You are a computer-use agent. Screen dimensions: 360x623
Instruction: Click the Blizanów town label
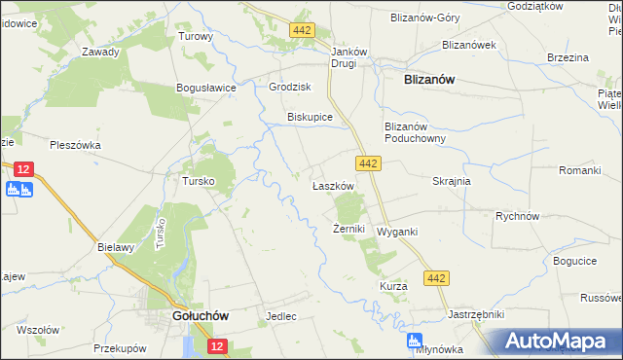click(429, 82)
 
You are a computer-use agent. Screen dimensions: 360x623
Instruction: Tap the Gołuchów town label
click(200, 316)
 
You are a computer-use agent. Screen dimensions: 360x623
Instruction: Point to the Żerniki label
click(348, 230)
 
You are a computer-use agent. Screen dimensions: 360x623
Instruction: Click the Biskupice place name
click(311, 118)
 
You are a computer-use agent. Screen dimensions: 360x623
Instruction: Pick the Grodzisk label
click(289, 87)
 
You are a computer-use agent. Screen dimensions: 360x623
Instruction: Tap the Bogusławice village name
click(207, 88)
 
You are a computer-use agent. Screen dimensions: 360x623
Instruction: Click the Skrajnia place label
click(452, 182)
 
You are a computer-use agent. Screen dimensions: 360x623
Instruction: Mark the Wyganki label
click(397, 233)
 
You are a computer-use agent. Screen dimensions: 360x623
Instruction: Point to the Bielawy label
click(115, 247)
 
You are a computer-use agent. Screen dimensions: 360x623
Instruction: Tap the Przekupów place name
click(120, 347)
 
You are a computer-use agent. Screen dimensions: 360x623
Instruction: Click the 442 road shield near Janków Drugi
click(302, 31)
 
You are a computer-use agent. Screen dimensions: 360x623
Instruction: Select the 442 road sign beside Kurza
click(436, 279)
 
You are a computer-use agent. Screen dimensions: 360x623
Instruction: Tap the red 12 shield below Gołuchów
click(216, 346)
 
